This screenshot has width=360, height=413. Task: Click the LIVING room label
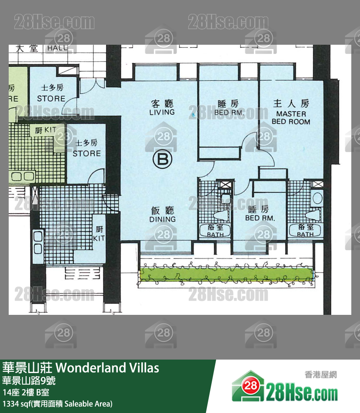(x=162, y=108)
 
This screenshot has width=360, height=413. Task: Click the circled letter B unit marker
(x=163, y=161)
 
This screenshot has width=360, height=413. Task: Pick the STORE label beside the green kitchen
(x=86, y=149)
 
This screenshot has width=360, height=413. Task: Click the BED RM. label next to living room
(x=229, y=108)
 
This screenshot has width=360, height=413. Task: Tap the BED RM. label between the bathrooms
(x=260, y=214)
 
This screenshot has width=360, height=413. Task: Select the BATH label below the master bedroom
(x=305, y=231)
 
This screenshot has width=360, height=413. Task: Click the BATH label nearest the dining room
(x=215, y=231)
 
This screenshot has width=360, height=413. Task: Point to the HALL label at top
(x=57, y=48)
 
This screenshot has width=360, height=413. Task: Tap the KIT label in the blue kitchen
(x=99, y=235)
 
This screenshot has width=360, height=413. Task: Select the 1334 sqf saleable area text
(x=57, y=404)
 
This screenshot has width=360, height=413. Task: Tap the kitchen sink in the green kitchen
(x=23, y=176)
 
